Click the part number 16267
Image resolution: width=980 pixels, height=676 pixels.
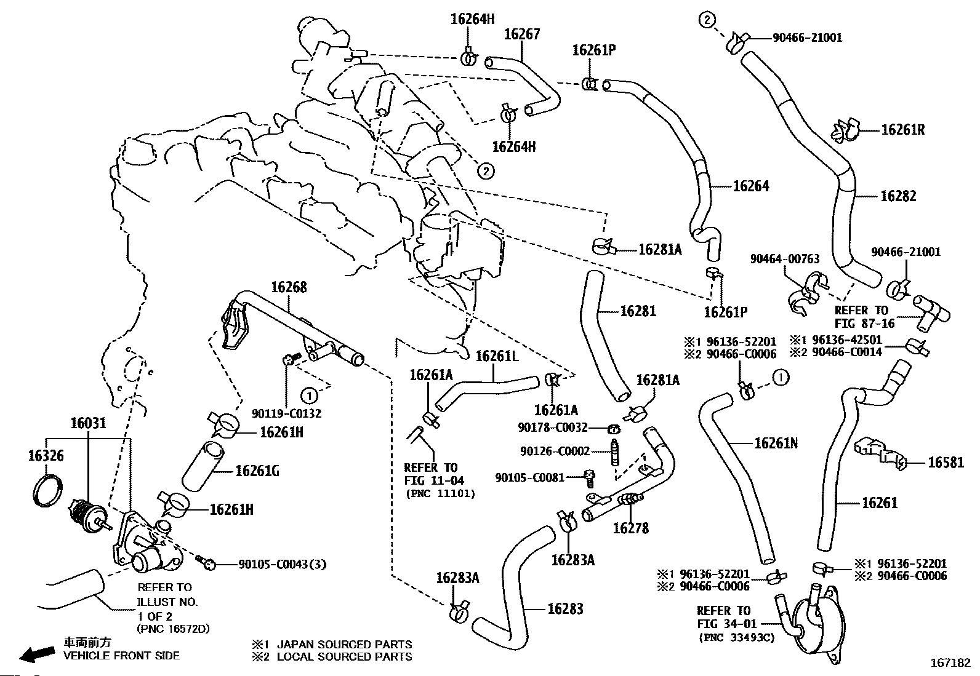click(522, 34)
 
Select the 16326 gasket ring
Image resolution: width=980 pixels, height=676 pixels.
click(47, 491)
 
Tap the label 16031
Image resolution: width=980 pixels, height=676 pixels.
click(88, 423)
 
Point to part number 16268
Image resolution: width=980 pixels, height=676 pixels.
click(289, 287)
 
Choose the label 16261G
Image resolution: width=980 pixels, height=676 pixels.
click(257, 471)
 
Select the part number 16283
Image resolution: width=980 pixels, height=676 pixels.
click(565, 608)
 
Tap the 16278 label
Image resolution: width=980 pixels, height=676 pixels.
click(630, 528)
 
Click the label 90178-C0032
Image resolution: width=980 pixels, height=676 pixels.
click(553, 427)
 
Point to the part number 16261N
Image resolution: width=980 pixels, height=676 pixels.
click(776, 443)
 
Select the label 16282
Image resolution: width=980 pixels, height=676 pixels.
click(898, 196)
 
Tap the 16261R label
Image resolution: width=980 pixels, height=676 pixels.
click(902, 130)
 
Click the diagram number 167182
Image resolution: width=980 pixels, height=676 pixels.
click(950, 664)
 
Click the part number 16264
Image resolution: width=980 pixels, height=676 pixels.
click(750, 186)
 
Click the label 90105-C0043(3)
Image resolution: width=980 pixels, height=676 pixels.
click(282, 563)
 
